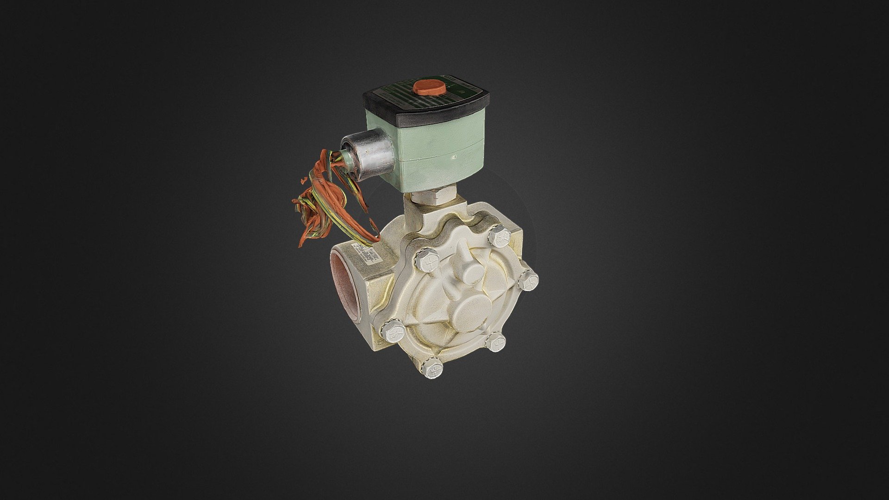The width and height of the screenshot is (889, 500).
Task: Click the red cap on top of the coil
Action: coord(429,86)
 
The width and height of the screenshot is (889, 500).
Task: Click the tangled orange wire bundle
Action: coord(319,204)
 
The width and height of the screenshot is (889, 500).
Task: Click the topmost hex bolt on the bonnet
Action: coord(499,235)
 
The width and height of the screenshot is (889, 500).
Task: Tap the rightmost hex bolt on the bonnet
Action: coord(528,279)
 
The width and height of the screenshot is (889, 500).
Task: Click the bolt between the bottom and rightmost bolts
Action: coord(495,342)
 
